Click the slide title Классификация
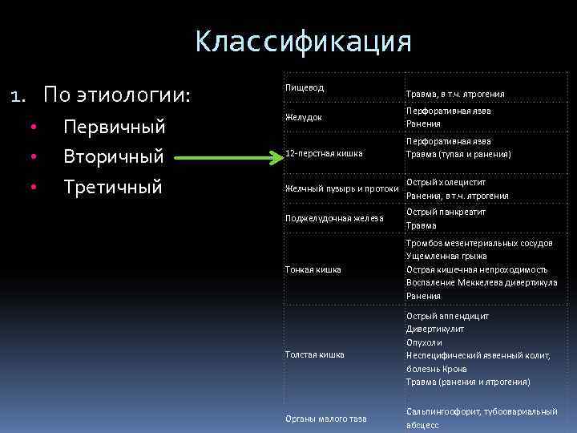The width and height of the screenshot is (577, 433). (303, 42)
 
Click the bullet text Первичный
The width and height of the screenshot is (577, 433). (114, 127)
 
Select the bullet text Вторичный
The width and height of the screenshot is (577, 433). (113, 156)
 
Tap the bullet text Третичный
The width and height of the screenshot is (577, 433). (113, 187)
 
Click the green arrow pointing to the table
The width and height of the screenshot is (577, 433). (228, 156)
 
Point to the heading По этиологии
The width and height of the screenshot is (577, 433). (117, 96)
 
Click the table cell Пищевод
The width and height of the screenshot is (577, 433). (305, 87)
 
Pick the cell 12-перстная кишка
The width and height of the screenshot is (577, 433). (324, 153)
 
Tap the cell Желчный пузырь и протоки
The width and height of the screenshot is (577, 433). (342, 189)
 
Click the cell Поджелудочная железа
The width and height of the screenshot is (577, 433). (334, 218)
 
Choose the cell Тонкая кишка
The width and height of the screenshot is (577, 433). (313, 269)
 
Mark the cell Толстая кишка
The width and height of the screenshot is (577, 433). (315, 354)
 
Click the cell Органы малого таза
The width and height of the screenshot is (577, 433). (326, 419)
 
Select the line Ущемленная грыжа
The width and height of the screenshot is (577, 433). (446, 256)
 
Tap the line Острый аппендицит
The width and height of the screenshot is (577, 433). (447, 316)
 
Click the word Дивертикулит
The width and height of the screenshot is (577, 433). (435, 329)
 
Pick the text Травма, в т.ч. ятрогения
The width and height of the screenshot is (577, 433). (455, 94)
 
